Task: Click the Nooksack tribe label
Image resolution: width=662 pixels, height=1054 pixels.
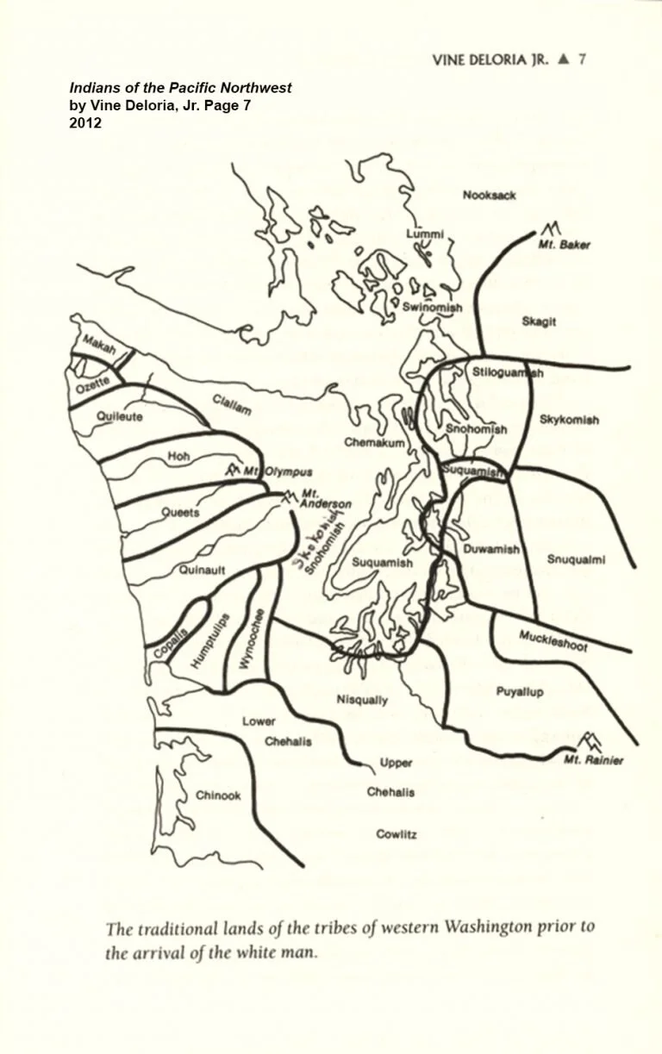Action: point(489,196)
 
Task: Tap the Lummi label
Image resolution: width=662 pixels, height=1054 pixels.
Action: point(425,234)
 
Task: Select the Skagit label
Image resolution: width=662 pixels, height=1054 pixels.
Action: point(539,321)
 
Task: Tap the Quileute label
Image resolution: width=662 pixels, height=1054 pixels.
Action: point(120,416)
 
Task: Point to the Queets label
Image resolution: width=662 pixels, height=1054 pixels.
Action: point(181,512)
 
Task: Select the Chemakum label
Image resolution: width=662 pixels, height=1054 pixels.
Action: point(369,442)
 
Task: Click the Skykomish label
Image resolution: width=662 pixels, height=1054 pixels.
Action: point(569,421)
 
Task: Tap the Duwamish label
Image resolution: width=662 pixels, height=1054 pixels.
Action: point(491,549)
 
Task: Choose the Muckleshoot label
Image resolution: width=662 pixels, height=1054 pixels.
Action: point(553,640)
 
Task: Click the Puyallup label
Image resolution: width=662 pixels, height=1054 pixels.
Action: point(520,691)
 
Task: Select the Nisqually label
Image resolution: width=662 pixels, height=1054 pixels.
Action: point(362,700)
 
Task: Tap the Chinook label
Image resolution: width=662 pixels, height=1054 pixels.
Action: point(218,795)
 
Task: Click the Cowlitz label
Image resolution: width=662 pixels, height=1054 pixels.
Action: point(397,834)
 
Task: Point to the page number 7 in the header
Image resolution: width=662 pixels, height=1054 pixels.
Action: point(583,59)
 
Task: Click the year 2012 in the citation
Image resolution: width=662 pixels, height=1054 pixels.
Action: point(85,123)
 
